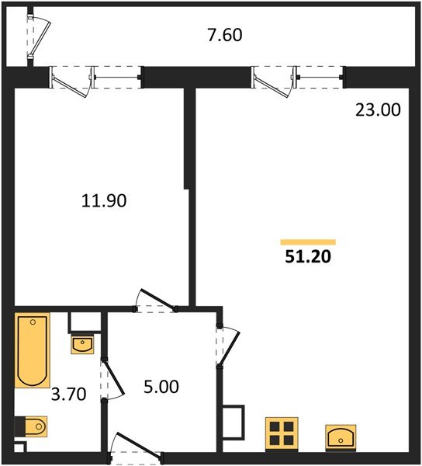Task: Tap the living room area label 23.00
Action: [378, 110]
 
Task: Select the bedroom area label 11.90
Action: [103, 200]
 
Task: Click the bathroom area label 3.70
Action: [67, 394]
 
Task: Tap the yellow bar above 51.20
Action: [308, 242]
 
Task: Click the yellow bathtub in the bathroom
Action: [33, 349]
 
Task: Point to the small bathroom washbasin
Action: [82, 343]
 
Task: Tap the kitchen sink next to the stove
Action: [342, 436]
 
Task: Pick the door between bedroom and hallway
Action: [155, 301]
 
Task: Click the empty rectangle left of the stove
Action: [233, 423]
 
